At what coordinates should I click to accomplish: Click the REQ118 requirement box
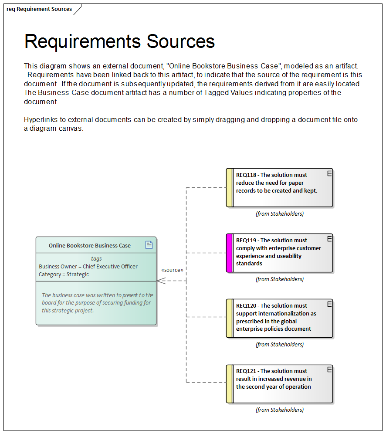(x=280, y=188)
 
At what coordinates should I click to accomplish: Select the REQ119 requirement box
(x=280, y=253)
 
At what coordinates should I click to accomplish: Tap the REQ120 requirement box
(x=280, y=319)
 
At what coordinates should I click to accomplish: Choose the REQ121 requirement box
(x=280, y=384)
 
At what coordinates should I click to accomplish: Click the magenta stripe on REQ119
(x=229, y=253)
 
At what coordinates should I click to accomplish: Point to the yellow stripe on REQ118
(x=229, y=188)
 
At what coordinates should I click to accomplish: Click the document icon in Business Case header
(x=149, y=245)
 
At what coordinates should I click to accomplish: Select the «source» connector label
(x=172, y=270)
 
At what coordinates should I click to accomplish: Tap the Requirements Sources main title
(x=119, y=41)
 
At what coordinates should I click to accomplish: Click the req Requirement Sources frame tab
(x=39, y=9)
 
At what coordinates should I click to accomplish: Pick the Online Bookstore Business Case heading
(x=89, y=246)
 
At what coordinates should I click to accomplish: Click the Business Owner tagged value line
(x=88, y=267)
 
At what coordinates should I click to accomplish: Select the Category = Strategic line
(x=64, y=275)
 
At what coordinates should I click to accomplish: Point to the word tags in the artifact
(x=96, y=259)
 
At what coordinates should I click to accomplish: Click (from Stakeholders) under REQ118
(x=279, y=214)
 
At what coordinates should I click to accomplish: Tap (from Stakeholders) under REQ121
(x=279, y=410)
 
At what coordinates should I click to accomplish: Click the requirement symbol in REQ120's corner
(x=329, y=304)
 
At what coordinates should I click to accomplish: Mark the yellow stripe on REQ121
(x=229, y=384)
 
